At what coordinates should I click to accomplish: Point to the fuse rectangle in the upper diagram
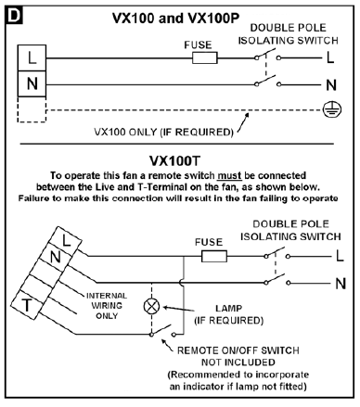[204, 57]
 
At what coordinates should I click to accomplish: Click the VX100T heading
[178, 159]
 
